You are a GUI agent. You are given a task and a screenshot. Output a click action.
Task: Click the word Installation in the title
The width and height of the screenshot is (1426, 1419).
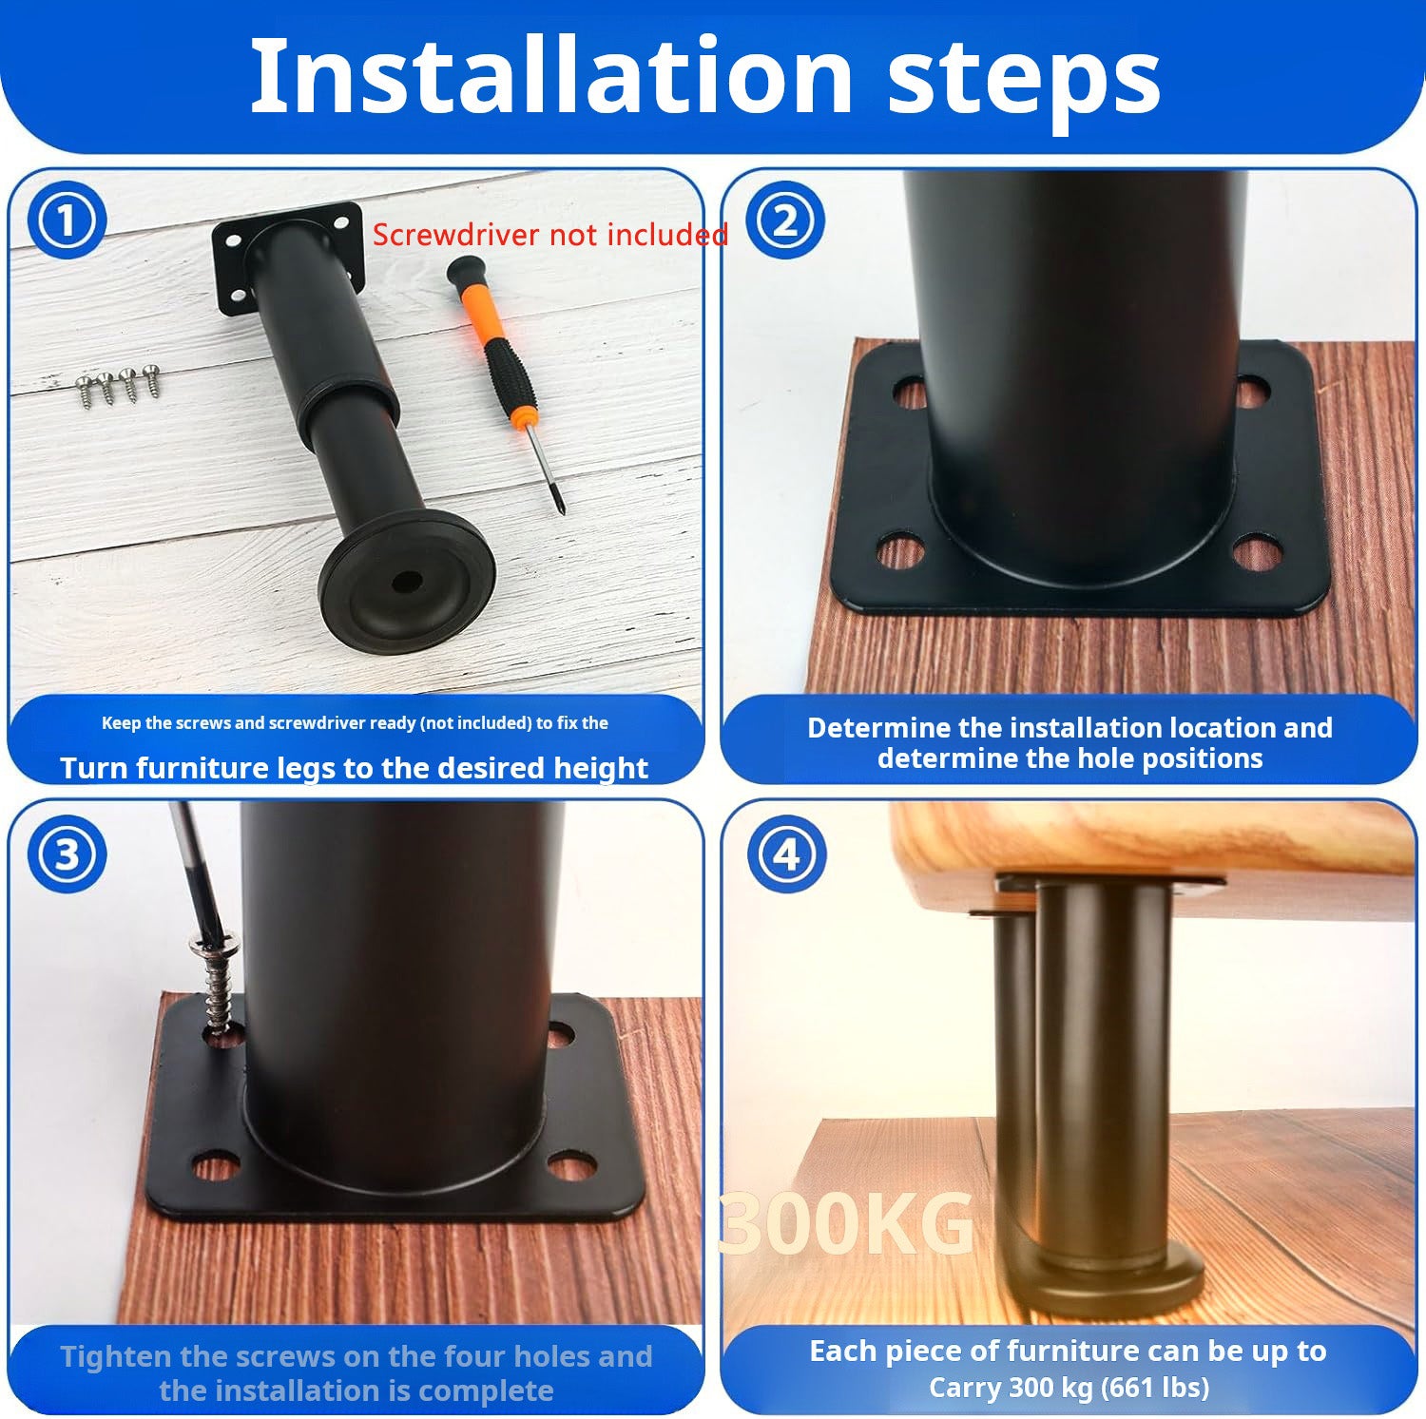550,76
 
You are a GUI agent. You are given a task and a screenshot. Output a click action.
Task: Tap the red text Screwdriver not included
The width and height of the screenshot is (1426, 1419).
549,235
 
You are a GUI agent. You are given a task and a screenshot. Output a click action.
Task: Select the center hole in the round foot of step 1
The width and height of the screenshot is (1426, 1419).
408,581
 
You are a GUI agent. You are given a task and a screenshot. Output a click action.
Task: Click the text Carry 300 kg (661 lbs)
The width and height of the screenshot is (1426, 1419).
1069,1387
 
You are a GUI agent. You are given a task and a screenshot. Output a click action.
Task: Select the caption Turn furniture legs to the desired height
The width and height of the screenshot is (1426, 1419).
354,768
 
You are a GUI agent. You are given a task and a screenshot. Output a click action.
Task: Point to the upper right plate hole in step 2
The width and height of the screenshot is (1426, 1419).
1252,390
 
